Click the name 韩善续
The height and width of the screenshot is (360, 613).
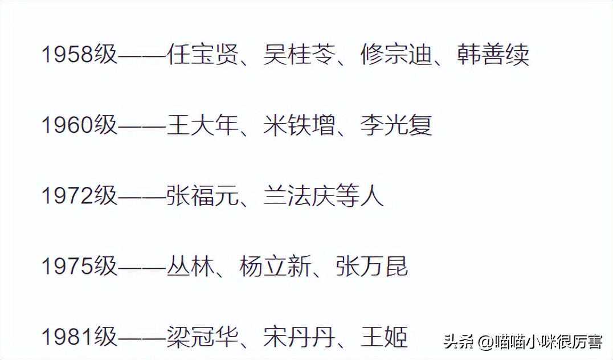tap(493, 55)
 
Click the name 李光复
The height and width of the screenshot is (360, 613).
tap(396, 125)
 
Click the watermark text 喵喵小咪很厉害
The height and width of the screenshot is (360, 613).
tap(546, 342)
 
